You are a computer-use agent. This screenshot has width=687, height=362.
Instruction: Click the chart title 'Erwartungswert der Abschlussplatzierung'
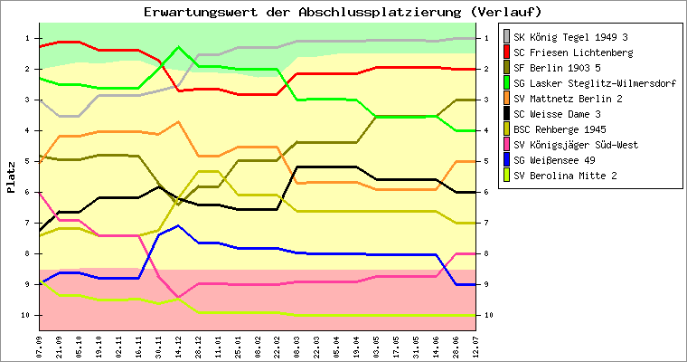click(343, 12)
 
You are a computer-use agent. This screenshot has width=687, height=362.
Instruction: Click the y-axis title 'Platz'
click(11, 176)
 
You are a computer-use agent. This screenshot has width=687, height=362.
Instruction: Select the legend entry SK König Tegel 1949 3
click(570, 37)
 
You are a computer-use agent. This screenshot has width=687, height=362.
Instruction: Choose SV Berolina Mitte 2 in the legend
click(566, 176)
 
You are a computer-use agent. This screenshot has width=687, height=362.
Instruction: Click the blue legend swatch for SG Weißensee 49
click(505, 160)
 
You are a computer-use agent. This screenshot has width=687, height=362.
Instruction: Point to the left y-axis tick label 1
click(28, 38)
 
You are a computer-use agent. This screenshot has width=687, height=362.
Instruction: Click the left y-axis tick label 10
click(26, 315)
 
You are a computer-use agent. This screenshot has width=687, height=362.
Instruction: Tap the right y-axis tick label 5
click(487, 161)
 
